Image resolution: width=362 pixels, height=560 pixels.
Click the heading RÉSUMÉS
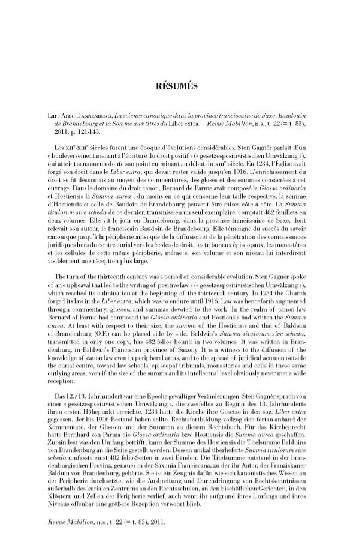pos(180,86)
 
